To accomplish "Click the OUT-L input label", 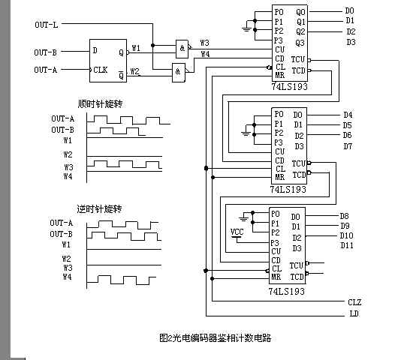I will [x=46, y=25].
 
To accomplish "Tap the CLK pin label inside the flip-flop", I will [x=101, y=70].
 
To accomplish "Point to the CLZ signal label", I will [x=354, y=301].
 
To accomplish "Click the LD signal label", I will [x=353, y=313].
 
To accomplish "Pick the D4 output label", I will [x=347, y=115].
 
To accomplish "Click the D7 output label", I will [x=347, y=145].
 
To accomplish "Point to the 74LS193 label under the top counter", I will [x=292, y=88].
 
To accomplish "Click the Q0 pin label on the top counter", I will [x=300, y=12].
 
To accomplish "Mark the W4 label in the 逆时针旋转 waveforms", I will [x=68, y=277].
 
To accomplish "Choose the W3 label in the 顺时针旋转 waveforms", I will [x=68, y=166].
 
